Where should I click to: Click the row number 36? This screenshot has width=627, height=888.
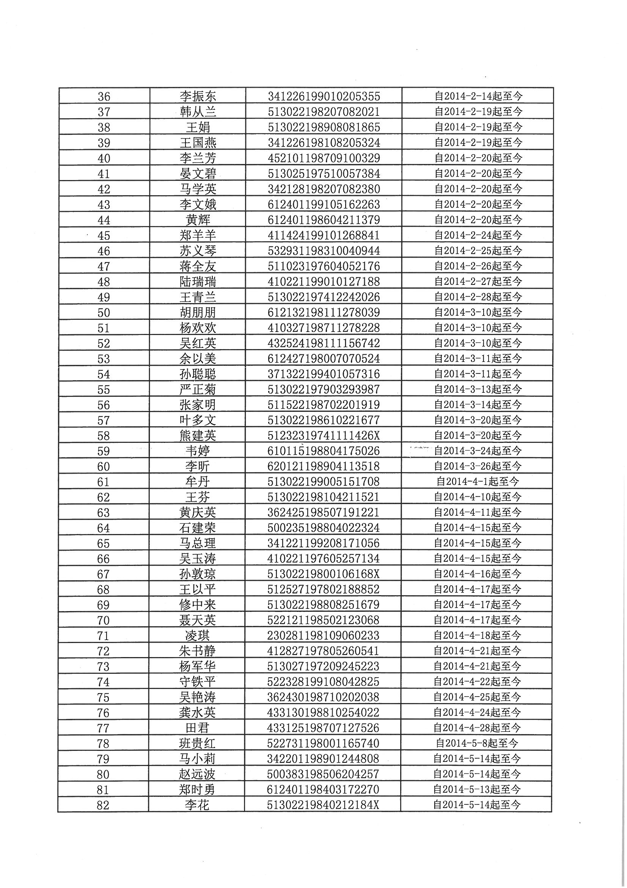tap(104, 96)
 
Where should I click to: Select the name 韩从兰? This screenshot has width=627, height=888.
tap(198, 112)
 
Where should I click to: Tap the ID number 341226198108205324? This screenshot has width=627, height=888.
tap(324, 143)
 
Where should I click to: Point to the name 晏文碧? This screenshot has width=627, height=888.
tap(198, 174)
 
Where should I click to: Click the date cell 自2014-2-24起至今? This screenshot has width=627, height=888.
tap(478, 235)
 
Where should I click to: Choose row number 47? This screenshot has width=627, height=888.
tap(104, 266)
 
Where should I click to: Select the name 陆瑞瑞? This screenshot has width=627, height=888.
tap(198, 281)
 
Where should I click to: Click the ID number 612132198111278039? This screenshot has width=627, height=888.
tap(324, 312)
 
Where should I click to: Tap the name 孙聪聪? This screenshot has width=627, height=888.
tap(198, 374)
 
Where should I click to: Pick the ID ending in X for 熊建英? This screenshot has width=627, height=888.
tap(324, 436)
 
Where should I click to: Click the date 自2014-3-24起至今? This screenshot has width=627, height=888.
tap(478, 450)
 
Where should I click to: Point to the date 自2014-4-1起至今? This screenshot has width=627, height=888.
tap(478, 482)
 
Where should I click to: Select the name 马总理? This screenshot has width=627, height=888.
tap(197, 543)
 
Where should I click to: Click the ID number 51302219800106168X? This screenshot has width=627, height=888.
tap(324, 574)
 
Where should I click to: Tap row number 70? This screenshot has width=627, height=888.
tap(104, 620)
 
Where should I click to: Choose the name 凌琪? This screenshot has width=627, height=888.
tap(197, 635)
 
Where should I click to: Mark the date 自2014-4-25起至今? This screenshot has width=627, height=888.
tap(478, 697)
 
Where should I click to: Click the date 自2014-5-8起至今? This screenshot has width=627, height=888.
tap(478, 743)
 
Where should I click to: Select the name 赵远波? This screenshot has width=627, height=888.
tap(197, 774)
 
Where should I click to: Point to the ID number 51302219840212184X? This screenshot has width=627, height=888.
tap(323, 805)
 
